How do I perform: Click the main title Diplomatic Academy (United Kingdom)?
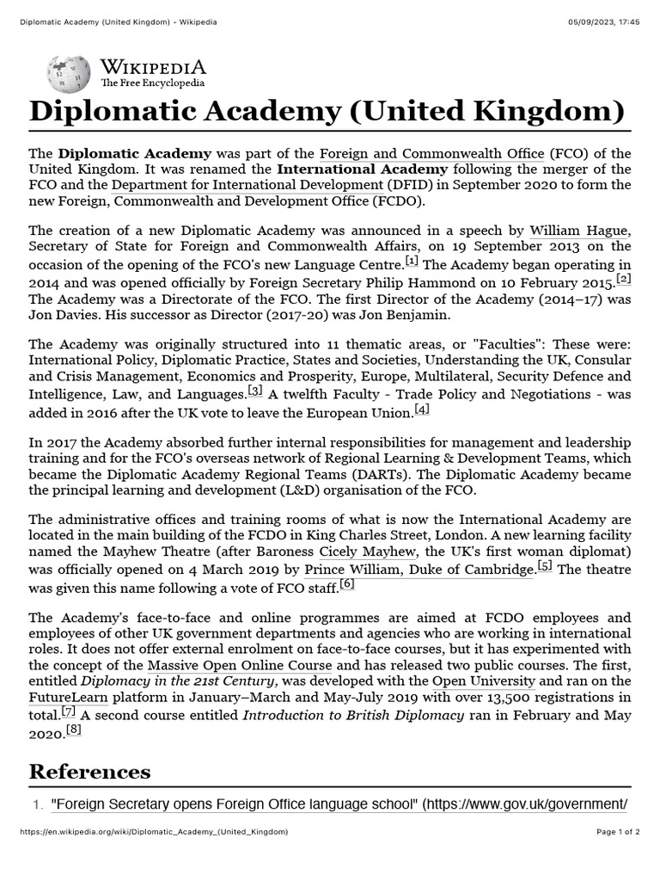point(327,112)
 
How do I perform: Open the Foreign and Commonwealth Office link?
point(432,153)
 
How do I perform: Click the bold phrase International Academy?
point(362,169)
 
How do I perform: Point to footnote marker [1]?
point(412,261)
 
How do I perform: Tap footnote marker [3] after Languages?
point(255,391)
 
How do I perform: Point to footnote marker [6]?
point(347,583)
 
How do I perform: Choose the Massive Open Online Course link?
point(240,665)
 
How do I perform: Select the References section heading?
point(89,771)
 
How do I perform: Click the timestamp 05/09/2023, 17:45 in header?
point(604,21)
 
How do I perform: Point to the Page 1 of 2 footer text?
point(619,831)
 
